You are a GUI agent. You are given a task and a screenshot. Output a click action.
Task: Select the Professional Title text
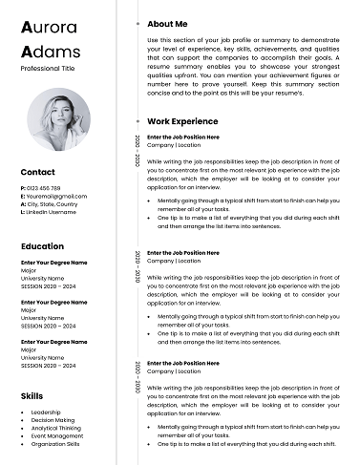click(x=48, y=70)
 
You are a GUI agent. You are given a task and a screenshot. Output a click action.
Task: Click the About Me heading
click(x=167, y=23)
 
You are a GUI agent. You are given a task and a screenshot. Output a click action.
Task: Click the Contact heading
click(x=37, y=172)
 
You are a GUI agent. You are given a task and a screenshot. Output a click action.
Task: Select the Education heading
click(x=42, y=246)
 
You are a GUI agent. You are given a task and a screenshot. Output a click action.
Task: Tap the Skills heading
click(x=31, y=394)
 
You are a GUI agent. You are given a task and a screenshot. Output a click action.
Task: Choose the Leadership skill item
click(x=47, y=412)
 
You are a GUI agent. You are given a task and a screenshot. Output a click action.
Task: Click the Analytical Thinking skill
click(x=55, y=428)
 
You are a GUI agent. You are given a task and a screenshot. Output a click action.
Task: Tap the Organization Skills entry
click(x=55, y=444)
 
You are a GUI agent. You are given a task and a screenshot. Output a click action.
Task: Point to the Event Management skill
click(x=56, y=436)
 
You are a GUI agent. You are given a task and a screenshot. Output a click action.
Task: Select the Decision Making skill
click(x=53, y=420)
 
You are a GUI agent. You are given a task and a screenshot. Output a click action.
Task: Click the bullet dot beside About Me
click(x=139, y=23)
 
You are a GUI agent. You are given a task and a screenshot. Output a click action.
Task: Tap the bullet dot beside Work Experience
click(x=139, y=122)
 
